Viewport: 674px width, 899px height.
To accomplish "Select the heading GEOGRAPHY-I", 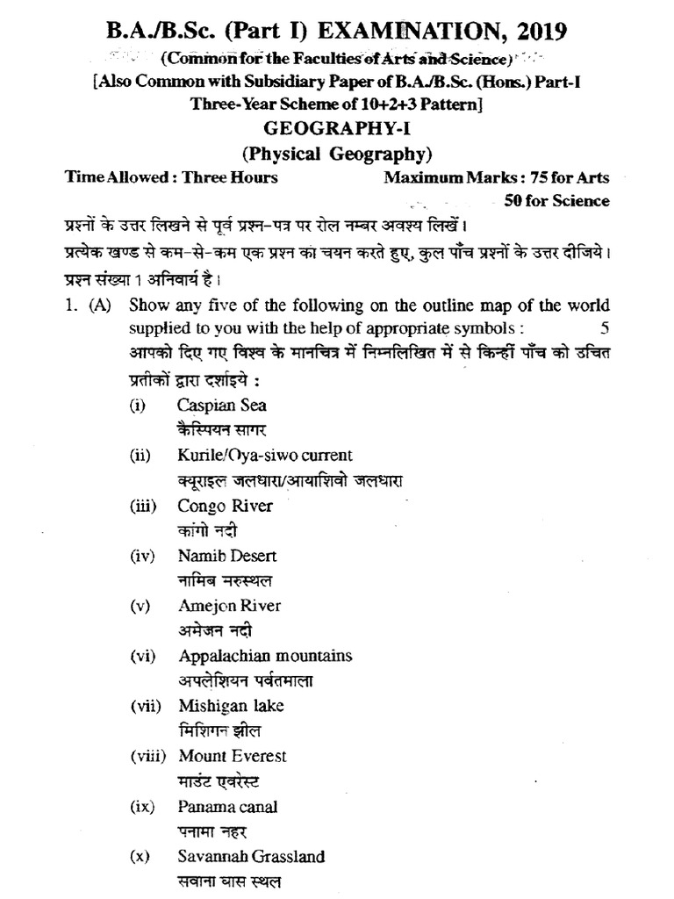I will tap(337, 129).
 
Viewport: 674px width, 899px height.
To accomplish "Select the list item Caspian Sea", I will tap(222, 406).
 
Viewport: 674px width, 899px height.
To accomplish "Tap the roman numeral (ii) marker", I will tap(136, 456).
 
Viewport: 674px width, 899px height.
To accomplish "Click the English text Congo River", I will tap(225, 506).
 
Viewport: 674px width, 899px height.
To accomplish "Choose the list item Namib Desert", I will tap(227, 556).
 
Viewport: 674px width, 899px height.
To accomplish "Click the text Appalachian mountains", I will tap(265, 656).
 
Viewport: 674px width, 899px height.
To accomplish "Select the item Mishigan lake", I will tap(231, 706).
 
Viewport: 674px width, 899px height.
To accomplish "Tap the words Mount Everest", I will tap(232, 756).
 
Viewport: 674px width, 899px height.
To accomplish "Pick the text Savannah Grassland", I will tap(251, 856).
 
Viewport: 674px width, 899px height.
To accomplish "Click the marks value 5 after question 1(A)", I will tap(604, 327).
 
